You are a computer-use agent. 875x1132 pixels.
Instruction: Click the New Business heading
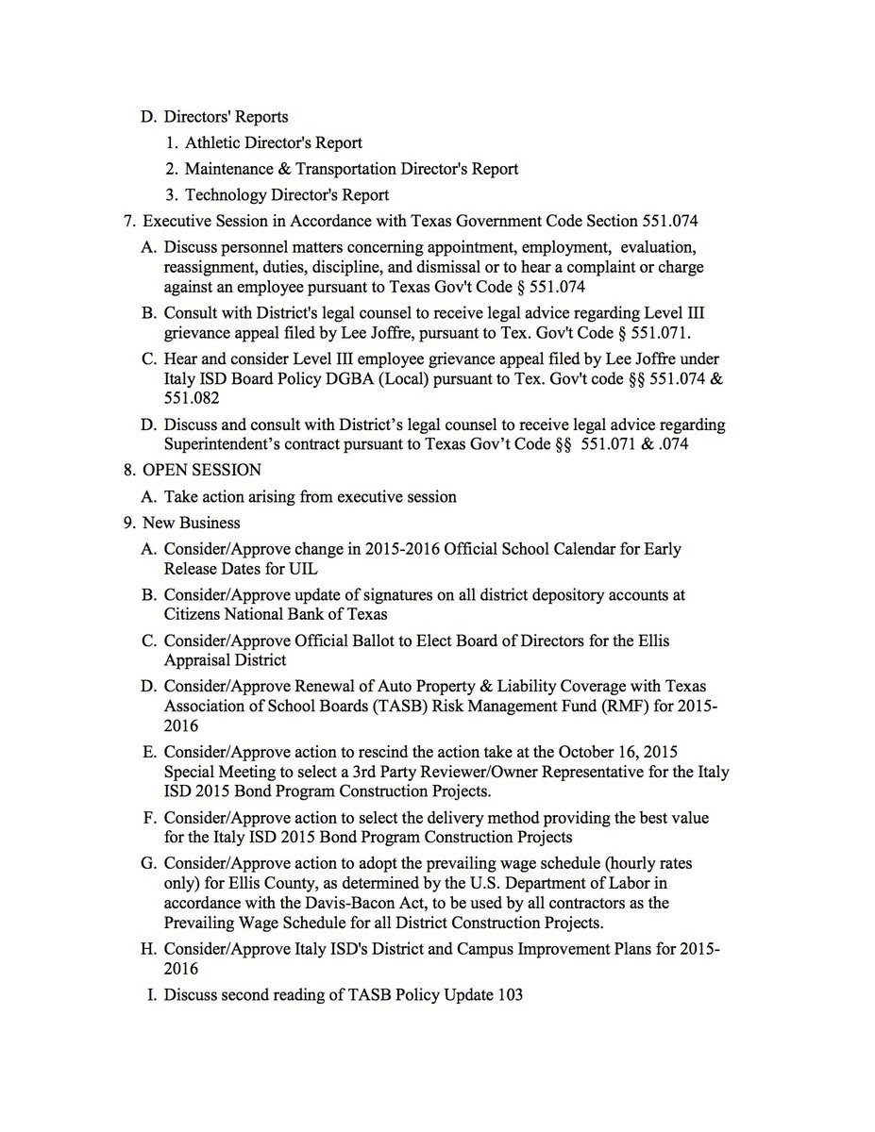point(192,523)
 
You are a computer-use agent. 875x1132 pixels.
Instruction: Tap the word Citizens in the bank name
point(194,615)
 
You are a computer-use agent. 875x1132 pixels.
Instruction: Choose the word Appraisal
point(200,660)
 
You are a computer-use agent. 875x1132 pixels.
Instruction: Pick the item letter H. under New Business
point(148,949)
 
